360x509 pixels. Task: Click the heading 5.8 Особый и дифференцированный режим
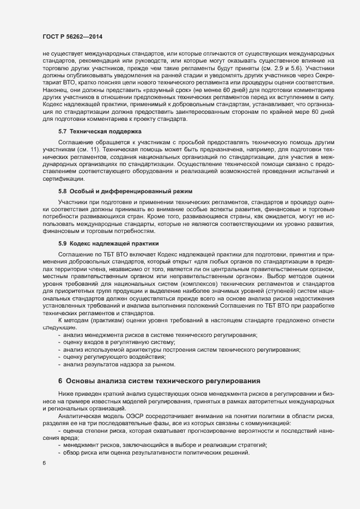point(125,192)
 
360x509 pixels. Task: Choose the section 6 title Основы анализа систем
point(157,380)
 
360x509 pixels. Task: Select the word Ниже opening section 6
point(65,393)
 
